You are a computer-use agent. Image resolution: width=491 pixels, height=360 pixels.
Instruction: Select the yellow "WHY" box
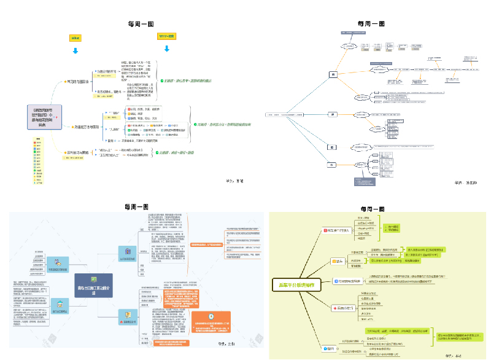[x=167, y=37]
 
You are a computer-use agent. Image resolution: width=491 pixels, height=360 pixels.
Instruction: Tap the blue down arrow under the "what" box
[x=77, y=50]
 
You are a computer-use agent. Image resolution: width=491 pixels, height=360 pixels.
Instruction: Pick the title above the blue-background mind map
[x=139, y=206]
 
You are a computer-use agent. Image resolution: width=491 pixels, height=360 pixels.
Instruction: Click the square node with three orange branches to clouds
[x=334, y=74]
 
